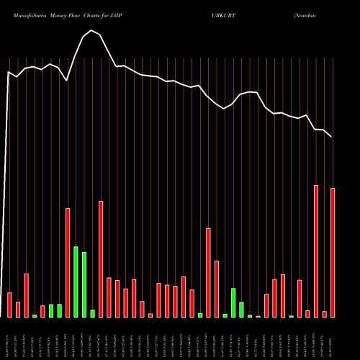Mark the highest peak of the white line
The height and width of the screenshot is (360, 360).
click(91, 30)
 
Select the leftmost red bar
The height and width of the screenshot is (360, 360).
click(9, 305)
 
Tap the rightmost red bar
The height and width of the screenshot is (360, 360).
click(333, 252)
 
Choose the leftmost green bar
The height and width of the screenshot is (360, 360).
click(35, 315)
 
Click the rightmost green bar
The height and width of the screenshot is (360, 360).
click(292, 316)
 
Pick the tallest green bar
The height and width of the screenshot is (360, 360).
click(76, 282)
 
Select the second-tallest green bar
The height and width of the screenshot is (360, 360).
click(84, 284)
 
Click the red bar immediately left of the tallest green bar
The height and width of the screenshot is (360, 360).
click(68, 262)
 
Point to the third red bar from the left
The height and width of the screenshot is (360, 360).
click(26, 295)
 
